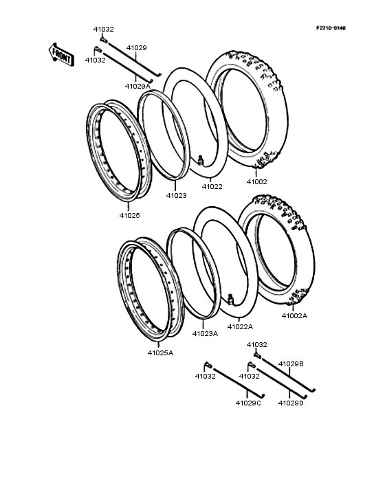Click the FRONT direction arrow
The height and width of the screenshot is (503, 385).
click(60, 54)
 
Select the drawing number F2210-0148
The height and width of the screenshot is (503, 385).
click(331, 27)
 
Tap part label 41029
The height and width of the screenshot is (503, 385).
click(136, 48)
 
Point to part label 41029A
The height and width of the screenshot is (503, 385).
click(137, 86)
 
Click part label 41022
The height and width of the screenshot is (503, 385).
click(212, 186)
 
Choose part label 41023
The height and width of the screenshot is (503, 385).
click(176, 195)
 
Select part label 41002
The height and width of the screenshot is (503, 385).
click(257, 182)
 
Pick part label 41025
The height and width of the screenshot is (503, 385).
click(129, 215)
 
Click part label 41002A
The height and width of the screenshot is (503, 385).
click(294, 316)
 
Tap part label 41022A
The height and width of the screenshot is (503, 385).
click(240, 326)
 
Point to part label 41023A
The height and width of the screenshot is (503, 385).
click(205, 333)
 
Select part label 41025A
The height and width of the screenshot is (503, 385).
click(160, 353)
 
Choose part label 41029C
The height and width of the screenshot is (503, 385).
click(248, 403)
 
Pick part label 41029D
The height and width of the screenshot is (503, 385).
click(291, 403)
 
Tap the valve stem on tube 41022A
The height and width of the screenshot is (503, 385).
click(231, 298)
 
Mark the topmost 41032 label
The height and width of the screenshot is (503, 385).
click(104, 30)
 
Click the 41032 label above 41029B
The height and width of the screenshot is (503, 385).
click(256, 344)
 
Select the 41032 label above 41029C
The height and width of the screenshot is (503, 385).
click(206, 377)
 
